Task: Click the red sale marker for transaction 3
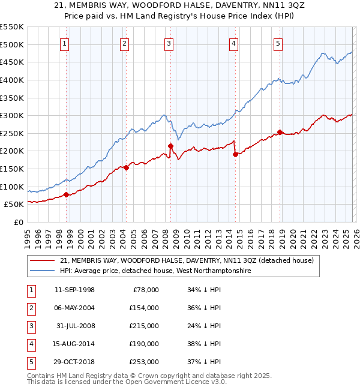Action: [x=171, y=146]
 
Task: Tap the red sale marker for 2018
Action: [x=280, y=133]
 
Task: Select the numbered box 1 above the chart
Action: [x=64, y=43]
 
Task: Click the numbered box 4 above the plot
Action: [x=233, y=43]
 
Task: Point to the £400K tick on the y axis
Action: [x=12, y=80]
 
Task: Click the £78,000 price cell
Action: [x=144, y=290]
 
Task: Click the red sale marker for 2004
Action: [x=127, y=168]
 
